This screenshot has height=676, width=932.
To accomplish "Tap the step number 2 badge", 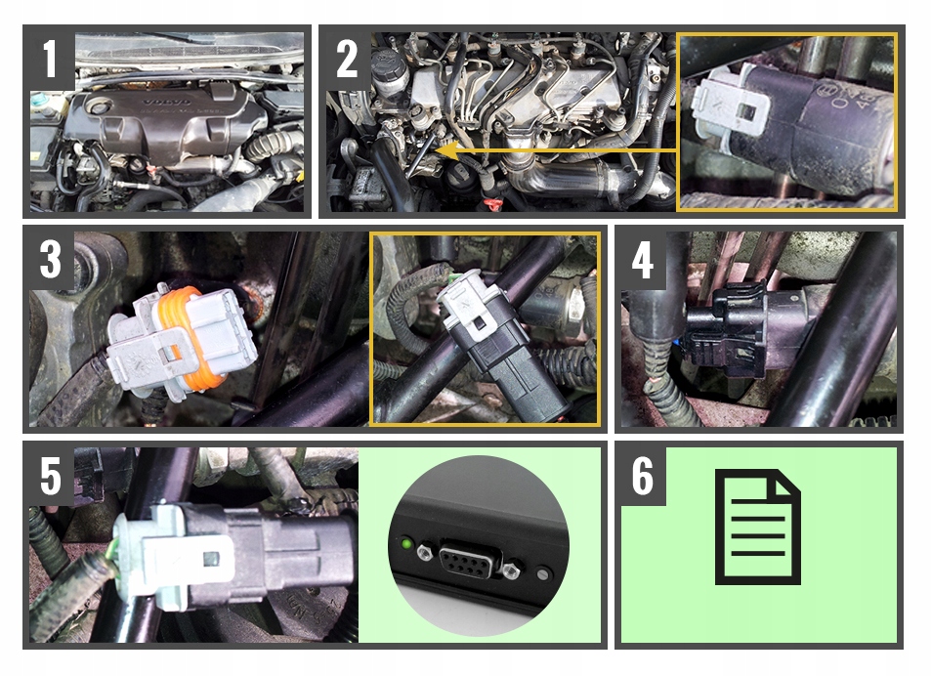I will pyautogui.click(x=348, y=60).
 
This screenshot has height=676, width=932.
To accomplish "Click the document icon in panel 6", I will pyautogui.click(x=757, y=527).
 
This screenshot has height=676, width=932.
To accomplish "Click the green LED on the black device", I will pyautogui.click(x=403, y=542).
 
